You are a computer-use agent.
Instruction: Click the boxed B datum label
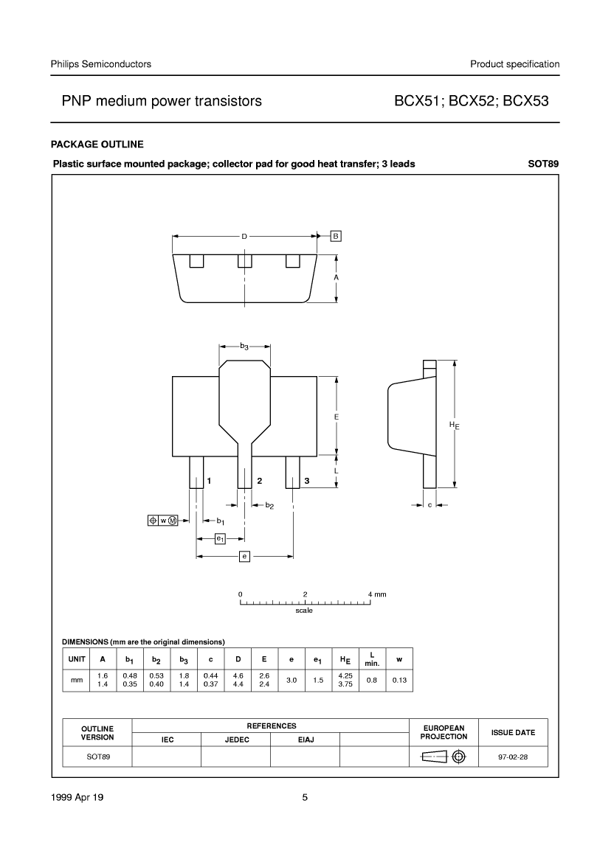coord(336,237)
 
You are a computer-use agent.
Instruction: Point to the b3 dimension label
coord(244,347)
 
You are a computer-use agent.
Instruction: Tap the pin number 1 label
coord(209,481)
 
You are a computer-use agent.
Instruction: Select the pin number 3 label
coord(307,481)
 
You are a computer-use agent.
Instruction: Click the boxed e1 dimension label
coord(220,539)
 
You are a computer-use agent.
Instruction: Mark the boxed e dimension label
coord(245,557)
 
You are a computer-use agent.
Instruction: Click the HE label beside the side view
coord(454,425)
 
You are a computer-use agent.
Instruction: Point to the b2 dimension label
coord(269,506)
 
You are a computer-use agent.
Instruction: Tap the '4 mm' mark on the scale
coord(377,594)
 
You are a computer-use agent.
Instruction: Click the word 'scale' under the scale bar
coord(304,611)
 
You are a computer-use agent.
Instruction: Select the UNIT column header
coord(77,658)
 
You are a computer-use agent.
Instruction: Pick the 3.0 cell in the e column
coord(292,680)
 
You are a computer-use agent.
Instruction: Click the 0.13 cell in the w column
coord(399,680)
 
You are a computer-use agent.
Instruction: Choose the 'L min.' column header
coord(372,659)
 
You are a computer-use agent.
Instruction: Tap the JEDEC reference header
coord(237,740)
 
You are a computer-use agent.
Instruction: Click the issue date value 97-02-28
coord(513,757)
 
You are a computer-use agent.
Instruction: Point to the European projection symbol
coord(444,757)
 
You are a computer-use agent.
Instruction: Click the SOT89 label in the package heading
coord(544,164)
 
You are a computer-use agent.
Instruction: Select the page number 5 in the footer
coord(305,798)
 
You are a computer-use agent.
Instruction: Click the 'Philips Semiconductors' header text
coord(100,64)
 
